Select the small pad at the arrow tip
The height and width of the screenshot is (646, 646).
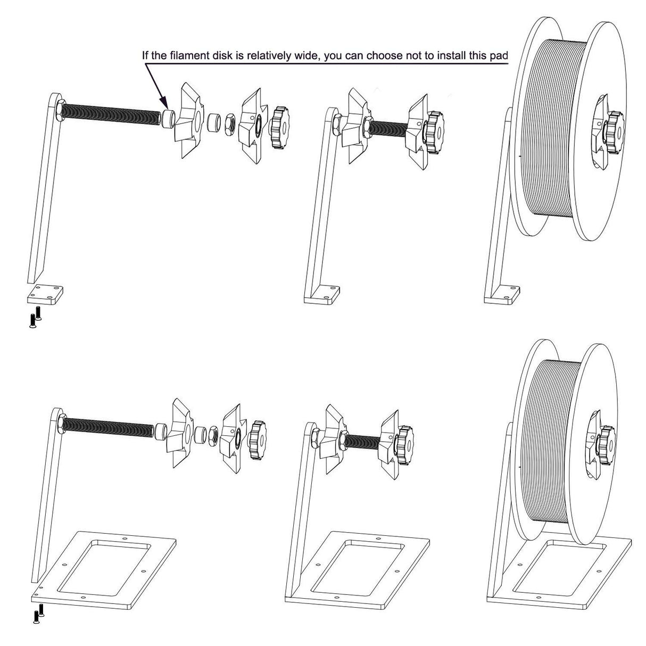tap(169, 117)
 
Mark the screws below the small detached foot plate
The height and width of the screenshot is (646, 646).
tap(35, 318)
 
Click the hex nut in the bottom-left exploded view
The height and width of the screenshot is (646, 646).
tap(212, 435)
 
